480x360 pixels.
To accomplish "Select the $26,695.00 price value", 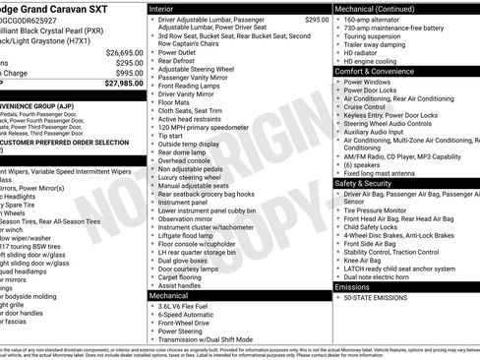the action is [x=124, y=51].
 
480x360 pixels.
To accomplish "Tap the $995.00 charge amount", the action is [x=128, y=74].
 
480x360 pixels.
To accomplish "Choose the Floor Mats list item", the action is [x=174, y=101].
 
